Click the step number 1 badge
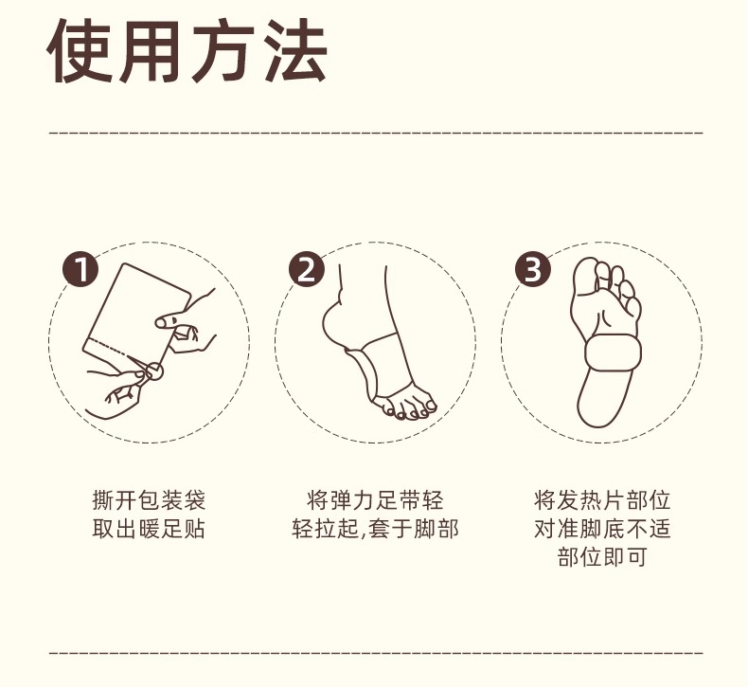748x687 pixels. [80, 269]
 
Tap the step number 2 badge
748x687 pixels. [306, 269]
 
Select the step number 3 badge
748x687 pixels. [532, 269]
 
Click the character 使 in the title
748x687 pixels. [80, 51]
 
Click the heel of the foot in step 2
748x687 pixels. [331, 320]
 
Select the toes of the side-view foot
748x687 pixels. [404, 408]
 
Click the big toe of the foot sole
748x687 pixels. [585, 273]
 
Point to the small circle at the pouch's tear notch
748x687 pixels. [154, 371]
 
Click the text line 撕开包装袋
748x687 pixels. [149, 500]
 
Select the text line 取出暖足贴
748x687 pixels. [149, 529]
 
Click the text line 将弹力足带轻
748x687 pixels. [375, 500]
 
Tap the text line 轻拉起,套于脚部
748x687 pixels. [375, 529]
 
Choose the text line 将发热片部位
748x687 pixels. [602, 500]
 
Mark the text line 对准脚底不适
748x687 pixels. [602, 529]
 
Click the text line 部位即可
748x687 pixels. [602, 556]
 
